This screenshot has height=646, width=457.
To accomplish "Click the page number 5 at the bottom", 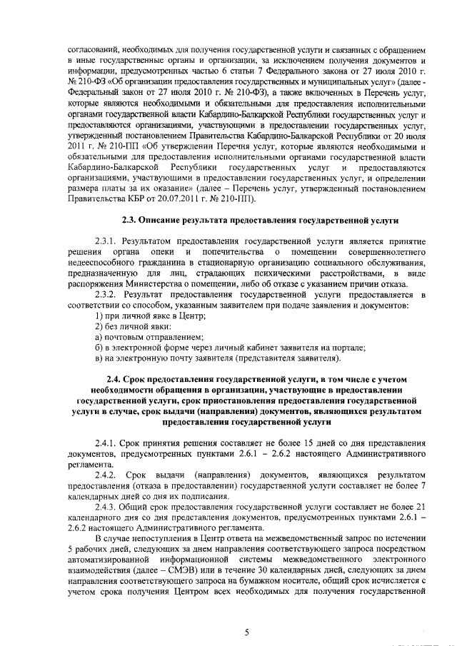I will [246, 632].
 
